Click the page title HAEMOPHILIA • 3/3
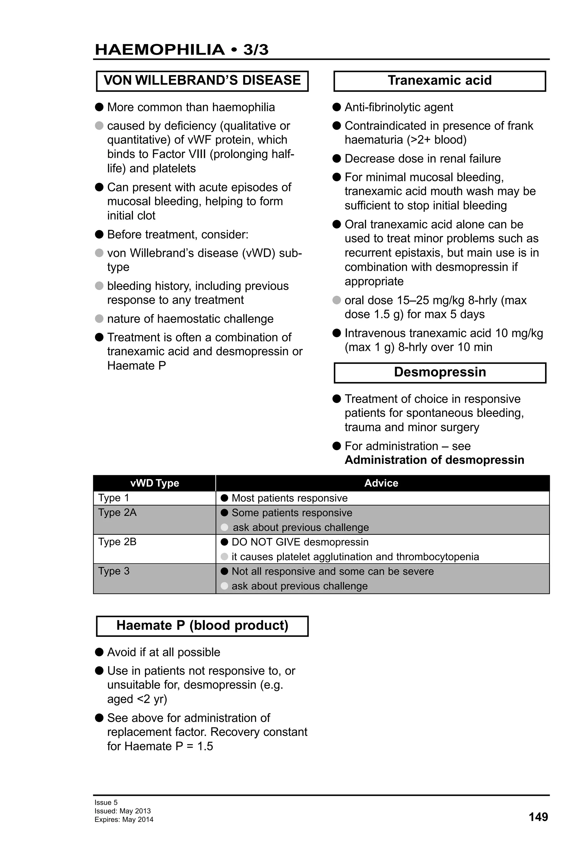tap(181, 50)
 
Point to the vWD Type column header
tap(155, 483)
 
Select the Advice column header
tap(381, 483)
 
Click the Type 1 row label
tap(113, 498)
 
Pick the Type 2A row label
tap(117, 513)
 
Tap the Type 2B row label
tap(117, 542)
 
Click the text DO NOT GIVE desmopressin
tap(300, 542)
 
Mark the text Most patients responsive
tap(289, 498)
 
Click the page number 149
tap(538, 817)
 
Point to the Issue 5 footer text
tap(106, 802)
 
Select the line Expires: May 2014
tap(124, 820)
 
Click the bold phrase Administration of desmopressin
tap(434, 460)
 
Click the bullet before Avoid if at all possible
tap(99, 652)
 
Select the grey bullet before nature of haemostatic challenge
tap(99, 319)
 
